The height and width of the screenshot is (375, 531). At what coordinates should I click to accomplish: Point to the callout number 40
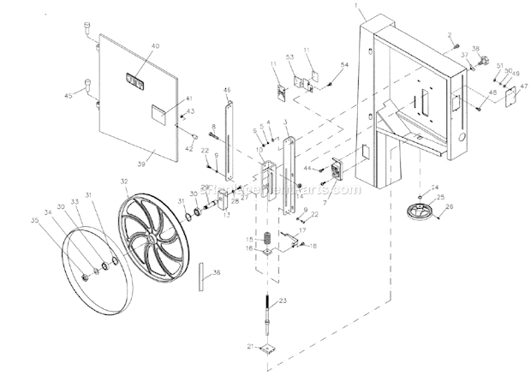click(156, 46)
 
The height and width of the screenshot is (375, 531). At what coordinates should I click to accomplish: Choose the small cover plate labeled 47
click(511, 97)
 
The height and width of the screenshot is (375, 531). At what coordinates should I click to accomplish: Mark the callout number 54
click(344, 65)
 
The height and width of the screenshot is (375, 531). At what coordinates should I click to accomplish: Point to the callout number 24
click(434, 187)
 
